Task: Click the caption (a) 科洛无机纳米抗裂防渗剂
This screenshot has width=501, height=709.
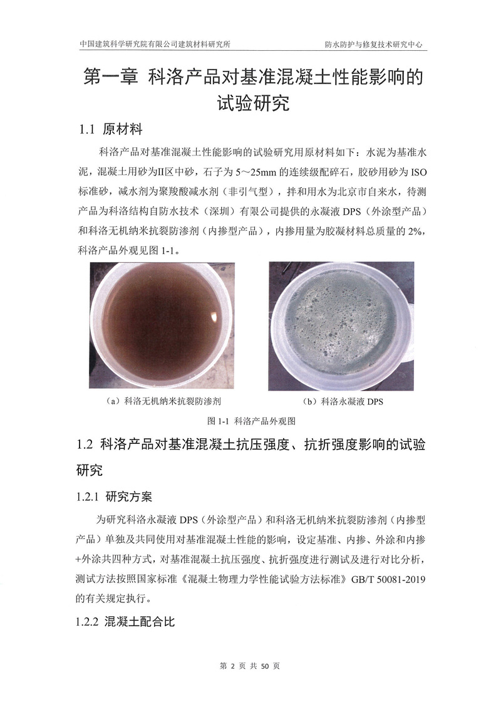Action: (x=163, y=399)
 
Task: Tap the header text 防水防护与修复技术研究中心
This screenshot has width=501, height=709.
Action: (x=374, y=45)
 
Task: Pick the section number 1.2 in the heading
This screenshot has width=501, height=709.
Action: (x=85, y=446)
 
